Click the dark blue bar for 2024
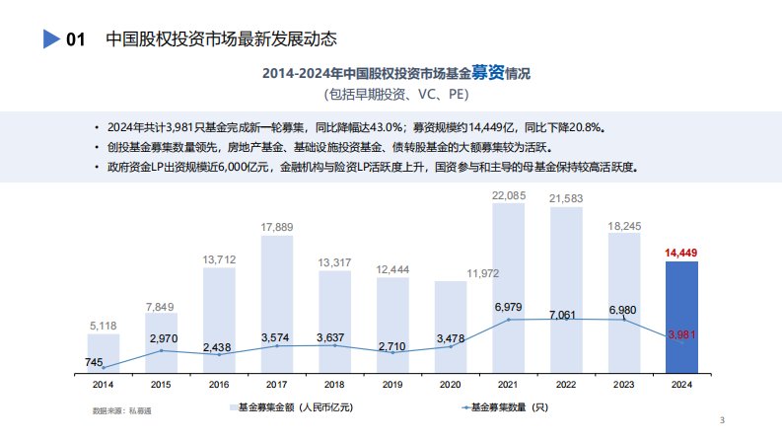pyautogui.click(x=681, y=316)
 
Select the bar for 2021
pyautogui.click(x=508, y=286)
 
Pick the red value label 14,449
pyautogui.click(x=681, y=254)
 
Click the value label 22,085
pyautogui.click(x=508, y=194)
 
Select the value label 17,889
pyautogui.click(x=277, y=228)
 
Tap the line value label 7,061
pyautogui.click(x=566, y=314)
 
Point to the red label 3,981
pyautogui.click(x=682, y=335)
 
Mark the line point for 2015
pyautogui.click(x=161, y=350)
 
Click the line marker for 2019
pyautogui.click(x=392, y=352)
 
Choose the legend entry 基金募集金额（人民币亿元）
pyautogui.click(x=292, y=406)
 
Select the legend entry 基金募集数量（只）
pyautogui.click(x=503, y=406)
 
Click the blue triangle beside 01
pyautogui.click(x=51, y=40)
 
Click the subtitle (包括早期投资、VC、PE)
pyautogui.click(x=394, y=96)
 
